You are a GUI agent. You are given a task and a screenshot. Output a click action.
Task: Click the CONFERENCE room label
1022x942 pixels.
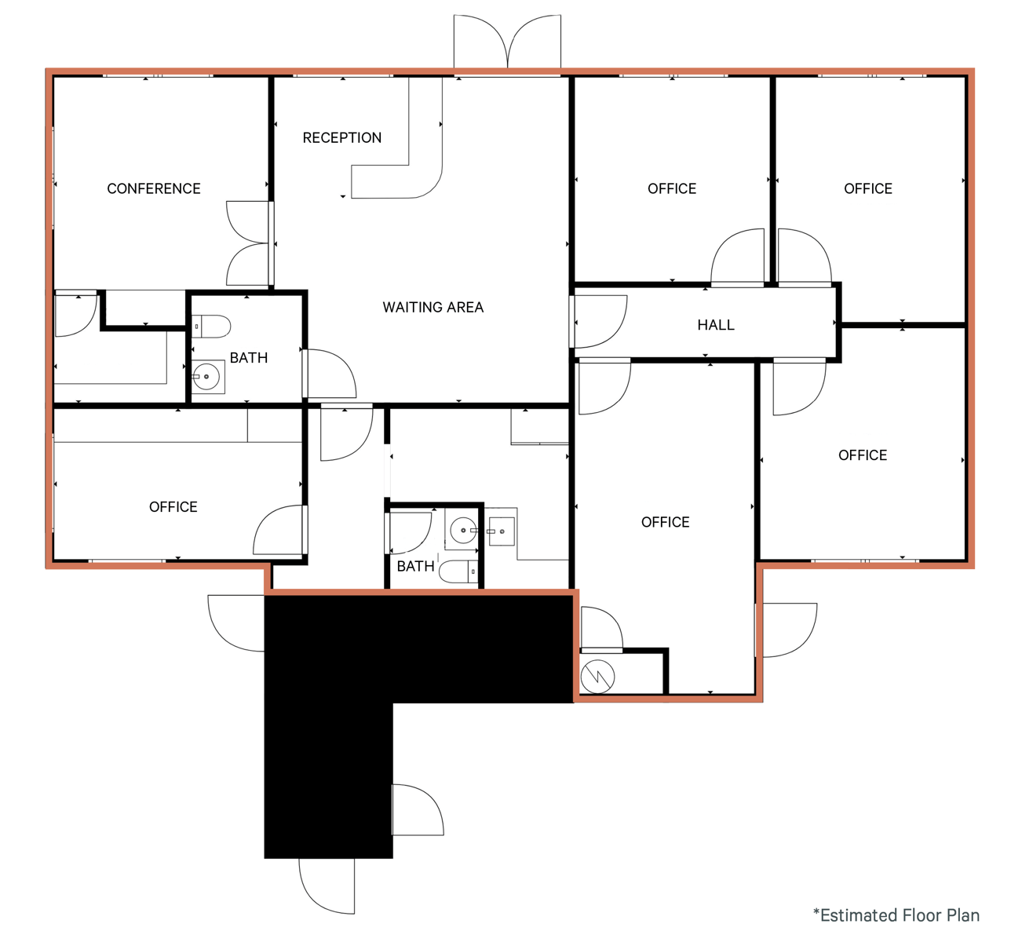click(154, 188)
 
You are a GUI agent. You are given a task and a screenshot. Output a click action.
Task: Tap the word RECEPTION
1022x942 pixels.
click(341, 137)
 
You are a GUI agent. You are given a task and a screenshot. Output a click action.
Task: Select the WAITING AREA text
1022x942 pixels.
click(433, 307)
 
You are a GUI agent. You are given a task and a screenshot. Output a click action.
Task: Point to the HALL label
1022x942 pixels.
click(716, 325)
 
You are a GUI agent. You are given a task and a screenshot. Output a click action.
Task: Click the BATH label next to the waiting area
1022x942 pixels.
click(249, 358)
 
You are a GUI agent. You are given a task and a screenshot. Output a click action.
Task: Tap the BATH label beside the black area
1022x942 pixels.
click(415, 566)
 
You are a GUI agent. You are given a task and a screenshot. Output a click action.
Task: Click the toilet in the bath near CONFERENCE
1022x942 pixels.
click(212, 326)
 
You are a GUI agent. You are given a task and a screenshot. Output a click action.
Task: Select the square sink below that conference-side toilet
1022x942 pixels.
click(207, 377)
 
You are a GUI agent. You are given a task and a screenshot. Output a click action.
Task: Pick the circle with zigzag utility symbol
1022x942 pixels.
click(597, 677)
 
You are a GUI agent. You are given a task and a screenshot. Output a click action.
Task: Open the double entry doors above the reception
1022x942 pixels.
click(507, 43)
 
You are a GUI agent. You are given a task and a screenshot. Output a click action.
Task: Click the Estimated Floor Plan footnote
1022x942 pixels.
click(896, 915)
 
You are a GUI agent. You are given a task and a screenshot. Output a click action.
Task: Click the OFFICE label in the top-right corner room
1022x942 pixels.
click(867, 188)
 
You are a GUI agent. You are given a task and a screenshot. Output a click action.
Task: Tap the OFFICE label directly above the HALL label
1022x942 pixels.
click(671, 188)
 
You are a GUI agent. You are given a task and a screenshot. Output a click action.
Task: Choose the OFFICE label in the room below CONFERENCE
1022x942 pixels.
click(173, 507)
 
